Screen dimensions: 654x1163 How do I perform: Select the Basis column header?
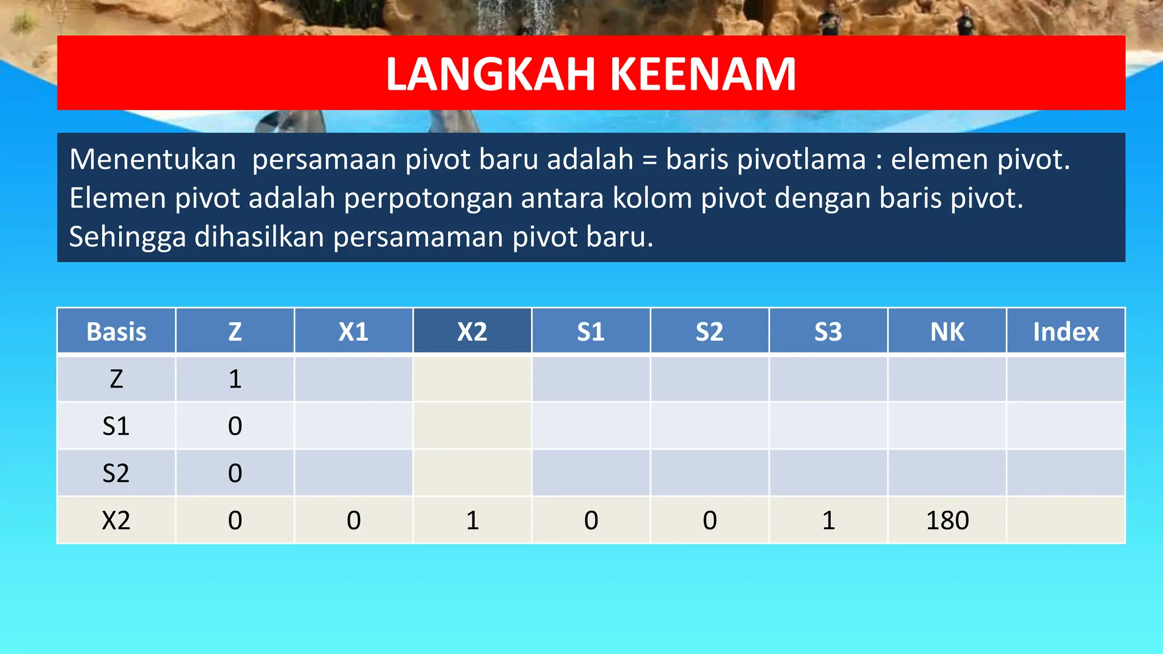[116, 332]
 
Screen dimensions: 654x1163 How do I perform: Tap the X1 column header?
[353, 332]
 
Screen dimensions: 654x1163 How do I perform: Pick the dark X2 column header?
[472, 332]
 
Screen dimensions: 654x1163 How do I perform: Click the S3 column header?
[828, 332]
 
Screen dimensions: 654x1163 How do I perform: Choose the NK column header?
[947, 332]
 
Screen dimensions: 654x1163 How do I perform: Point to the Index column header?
[1065, 332]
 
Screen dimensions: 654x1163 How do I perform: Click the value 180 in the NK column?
[947, 520]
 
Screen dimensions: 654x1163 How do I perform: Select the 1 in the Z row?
[235, 379]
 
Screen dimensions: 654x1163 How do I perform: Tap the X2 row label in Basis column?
[116, 520]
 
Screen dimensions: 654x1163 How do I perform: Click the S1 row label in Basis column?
[116, 426]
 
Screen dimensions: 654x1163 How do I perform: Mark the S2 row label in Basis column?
[116, 473]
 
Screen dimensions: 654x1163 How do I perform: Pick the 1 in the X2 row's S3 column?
[828, 520]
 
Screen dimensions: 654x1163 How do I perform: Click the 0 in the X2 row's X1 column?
[353, 520]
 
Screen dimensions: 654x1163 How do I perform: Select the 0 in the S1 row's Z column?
[235, 426]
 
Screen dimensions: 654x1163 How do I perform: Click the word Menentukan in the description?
[152, 160]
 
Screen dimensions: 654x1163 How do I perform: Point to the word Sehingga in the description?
[127, 237]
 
